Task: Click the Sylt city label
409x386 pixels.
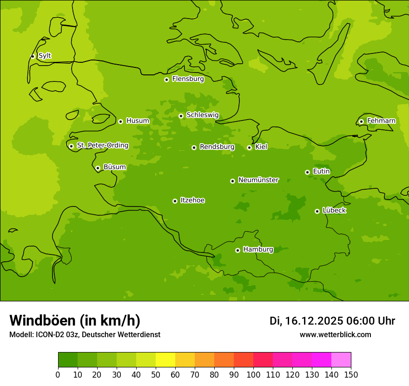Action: point(45,56)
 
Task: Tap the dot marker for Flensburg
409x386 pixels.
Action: point(166,80)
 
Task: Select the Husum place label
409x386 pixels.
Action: point(138,121)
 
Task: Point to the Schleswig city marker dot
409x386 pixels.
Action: point(181,116)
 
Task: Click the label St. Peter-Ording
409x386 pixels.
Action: point(102,146)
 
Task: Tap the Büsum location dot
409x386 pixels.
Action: point(98,168)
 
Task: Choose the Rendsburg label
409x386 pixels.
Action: point(217,147)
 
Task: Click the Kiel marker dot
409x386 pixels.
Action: point(249,147)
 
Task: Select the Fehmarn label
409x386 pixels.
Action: point(381,121)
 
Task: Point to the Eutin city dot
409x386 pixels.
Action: point(307,172)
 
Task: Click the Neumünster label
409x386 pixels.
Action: point(258,180)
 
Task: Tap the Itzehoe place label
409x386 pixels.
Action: point(192,200)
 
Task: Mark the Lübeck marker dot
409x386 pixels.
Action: point(317,211)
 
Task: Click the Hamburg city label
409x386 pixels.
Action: point(258,250)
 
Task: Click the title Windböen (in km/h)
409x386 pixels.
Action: point(75,320)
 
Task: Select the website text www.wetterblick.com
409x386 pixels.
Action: point(335,335)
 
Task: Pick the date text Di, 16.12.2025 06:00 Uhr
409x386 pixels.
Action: point(332,321)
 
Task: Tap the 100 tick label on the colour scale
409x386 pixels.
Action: point(253,375)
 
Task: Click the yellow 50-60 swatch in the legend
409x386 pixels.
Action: point(165,360)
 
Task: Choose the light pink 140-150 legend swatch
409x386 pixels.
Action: point(341,360)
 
